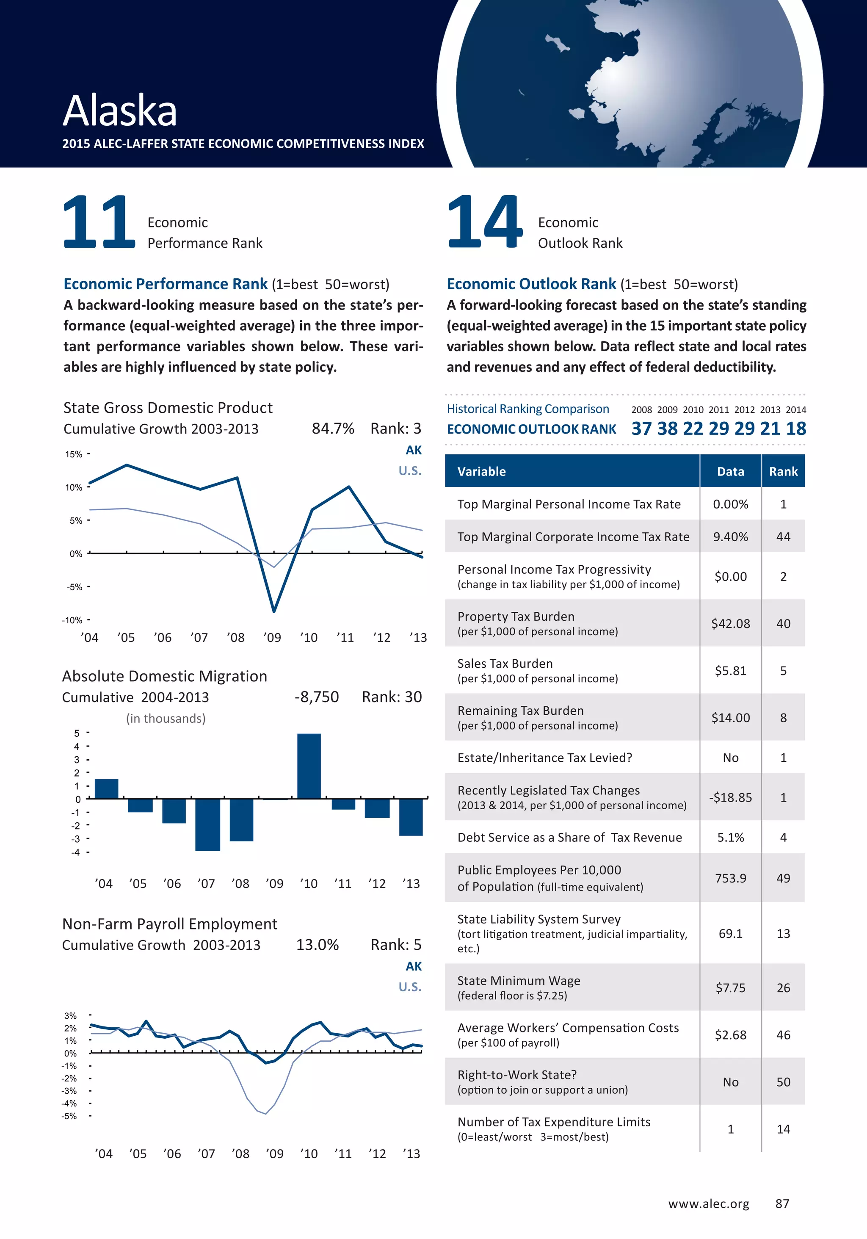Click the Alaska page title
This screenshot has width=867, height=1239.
point(120,111)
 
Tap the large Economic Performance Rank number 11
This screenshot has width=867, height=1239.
point(99,222)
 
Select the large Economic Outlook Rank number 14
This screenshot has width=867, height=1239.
point(484,222)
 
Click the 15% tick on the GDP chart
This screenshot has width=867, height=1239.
point(74,454)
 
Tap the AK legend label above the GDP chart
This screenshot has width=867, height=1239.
point(413,450)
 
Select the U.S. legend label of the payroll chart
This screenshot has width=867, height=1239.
point(409,987)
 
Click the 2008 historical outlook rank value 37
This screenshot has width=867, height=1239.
point(641,429)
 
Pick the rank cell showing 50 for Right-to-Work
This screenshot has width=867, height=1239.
point(783,1082)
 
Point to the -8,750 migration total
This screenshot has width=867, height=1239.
point(316,697)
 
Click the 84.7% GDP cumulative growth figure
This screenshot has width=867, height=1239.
point(332,429)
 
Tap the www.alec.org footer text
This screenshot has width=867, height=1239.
point(708,1204)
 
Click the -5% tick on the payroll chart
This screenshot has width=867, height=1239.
point(69,1116)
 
